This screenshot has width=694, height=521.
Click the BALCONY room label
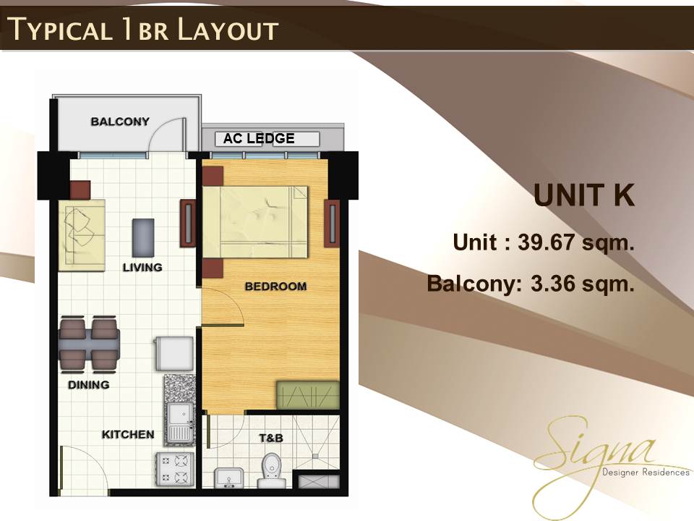click(x=120, y=122)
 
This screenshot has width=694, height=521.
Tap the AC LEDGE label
click(x=259, y=138)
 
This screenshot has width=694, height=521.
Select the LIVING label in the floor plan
click(x=142, y=267)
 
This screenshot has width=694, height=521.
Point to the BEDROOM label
click(x=275, y=287)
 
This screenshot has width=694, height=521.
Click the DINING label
click(x=88, y=384)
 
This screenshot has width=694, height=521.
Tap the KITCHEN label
click(x=128, y=434)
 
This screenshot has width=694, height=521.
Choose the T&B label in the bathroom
click(x=271, y=439)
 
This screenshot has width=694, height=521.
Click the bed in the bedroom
click(x=255, y=221)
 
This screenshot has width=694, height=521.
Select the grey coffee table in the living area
click(x=143, y=237)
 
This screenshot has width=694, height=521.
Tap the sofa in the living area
click(x=82, y=235)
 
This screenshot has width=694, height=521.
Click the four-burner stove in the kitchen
click(x=174, y=470)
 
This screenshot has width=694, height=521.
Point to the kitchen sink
click(x=180, y=423)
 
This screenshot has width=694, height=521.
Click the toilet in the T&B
click(x=271, y=470)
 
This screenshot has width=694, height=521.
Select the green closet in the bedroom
click(x=308, y=395)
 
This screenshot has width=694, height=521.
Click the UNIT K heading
click(x=584, y=195)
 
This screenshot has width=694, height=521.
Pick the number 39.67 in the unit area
click(x=545, y=242)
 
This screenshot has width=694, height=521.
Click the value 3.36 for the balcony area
click(x=553, y=284)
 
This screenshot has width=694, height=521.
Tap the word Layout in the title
click(x=228, y=30)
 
